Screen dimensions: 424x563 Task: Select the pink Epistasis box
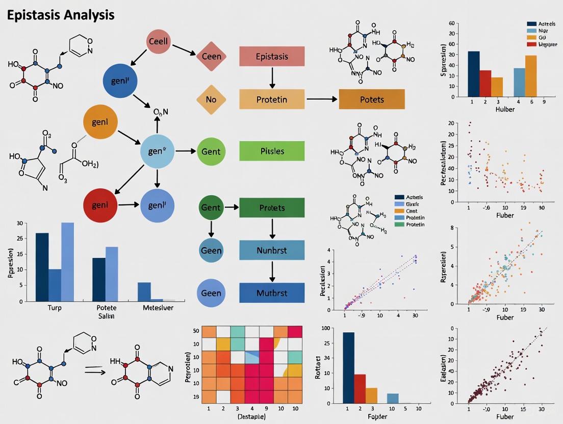pyautogui.click(x=271, y=57)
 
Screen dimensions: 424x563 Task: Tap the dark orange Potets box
pyautogui.click(x=371, y=99)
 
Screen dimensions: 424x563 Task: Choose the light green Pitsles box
pyautogui.click(x=271, y=151)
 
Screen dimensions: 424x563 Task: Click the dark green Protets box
pyautogui.click(x=271, y=208)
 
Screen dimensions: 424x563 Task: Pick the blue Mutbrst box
pyautogui.click(x=271, y=293)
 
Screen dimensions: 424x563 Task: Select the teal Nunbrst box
pyautogui.click(x=271, y=250)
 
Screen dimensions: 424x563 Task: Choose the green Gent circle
pyautogui.click(x=211, y=151)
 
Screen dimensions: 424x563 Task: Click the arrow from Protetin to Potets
pyautogui.click(x=322, y=99)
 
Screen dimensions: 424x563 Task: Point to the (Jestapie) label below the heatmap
pyautogui.click(x=239, y=416)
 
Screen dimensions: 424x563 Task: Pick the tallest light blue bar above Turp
pyautogui.click(x=67, y=262)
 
